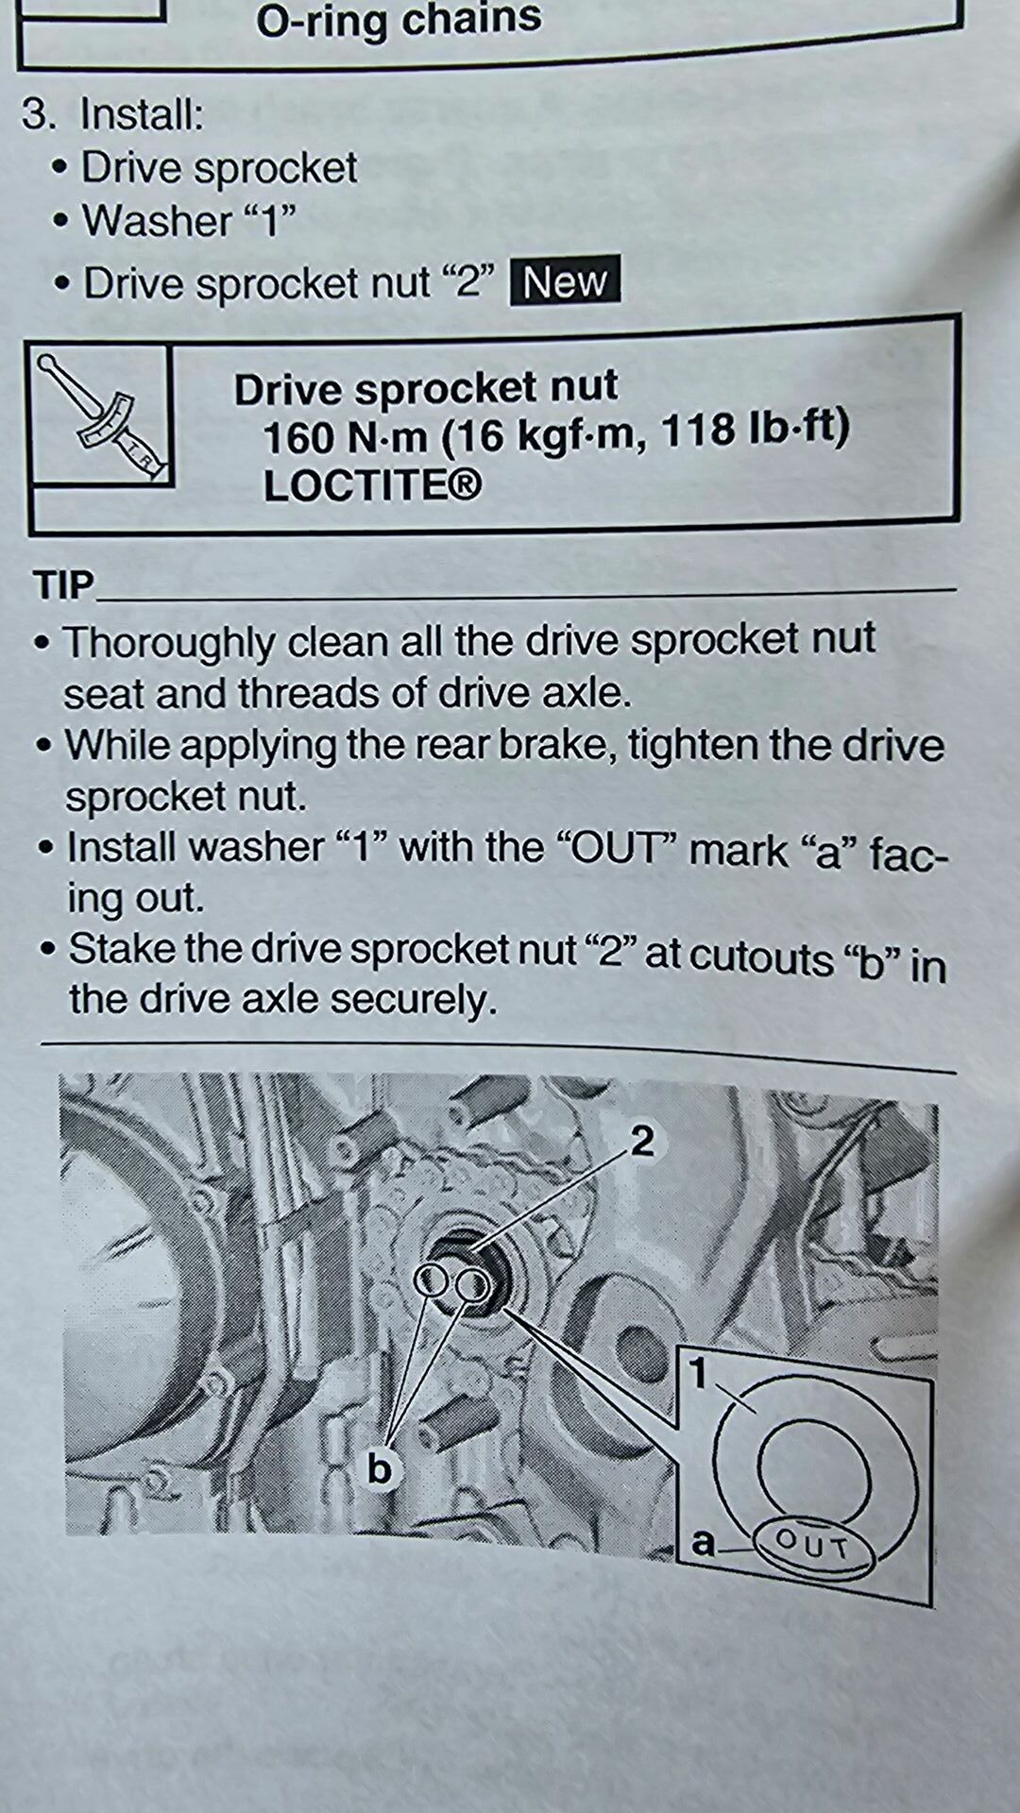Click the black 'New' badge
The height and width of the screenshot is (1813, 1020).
point(565,280)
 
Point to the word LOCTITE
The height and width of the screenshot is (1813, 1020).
point(372,485)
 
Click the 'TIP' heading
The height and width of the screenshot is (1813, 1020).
point(63,585)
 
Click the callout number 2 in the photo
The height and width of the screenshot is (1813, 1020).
point(642,1142)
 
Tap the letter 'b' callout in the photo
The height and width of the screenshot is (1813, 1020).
point(380,1469)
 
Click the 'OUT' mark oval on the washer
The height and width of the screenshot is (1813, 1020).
point(812,1546)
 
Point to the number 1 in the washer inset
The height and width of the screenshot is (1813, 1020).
point(699,1373)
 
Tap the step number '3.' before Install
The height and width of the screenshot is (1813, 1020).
point(39,114)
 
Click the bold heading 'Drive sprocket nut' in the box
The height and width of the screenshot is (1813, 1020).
point(426,387)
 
